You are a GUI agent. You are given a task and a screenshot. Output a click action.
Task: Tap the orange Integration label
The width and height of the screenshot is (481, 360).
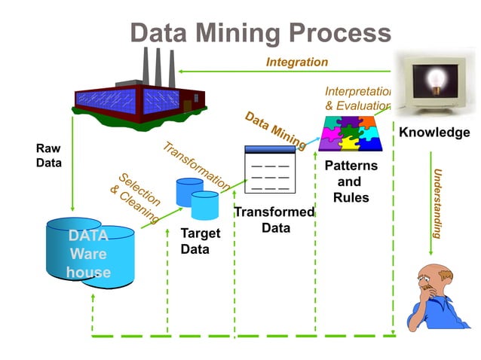297,62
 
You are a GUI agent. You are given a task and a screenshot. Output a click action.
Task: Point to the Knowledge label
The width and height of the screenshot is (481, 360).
434,133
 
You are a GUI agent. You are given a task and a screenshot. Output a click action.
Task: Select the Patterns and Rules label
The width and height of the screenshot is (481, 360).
350,182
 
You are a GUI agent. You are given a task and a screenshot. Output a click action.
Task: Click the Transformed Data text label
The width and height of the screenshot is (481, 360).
273,219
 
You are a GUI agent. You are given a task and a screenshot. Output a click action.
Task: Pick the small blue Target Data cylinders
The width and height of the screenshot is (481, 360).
197,198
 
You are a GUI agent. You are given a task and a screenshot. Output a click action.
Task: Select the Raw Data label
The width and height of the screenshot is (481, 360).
49,155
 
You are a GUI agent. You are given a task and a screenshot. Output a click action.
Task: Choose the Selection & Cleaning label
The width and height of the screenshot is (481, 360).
136,197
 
